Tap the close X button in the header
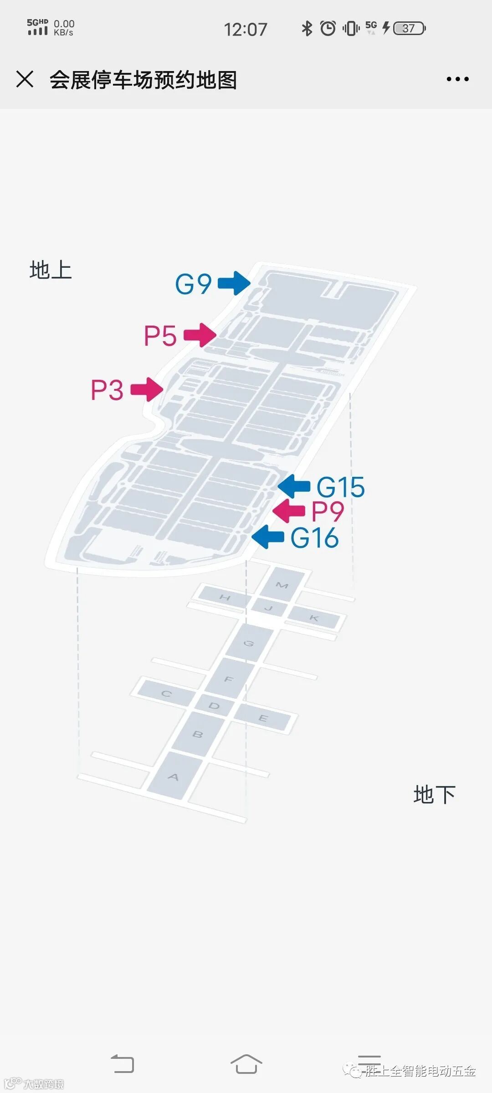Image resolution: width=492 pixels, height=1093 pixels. click(x=25, y=79)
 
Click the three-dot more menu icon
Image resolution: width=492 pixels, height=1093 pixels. click(x=457, y=79)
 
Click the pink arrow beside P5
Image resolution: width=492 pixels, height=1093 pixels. click(x=200, y=335)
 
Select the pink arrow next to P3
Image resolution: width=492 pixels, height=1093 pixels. click(x=147, y=389)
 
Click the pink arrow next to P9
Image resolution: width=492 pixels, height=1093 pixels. click(x=289, y=511)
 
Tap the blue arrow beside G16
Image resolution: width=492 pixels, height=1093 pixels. click(x=268, y=537)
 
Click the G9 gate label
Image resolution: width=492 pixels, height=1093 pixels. click(x=193, y=284)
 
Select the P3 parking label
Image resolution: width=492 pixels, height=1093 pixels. click(x=107, y=390)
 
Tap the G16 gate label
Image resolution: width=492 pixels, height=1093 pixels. click(x=314, y=538)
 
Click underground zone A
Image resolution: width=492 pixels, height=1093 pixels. click(x=174, y=776)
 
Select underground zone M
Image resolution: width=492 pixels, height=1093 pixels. click(x=282, y=585)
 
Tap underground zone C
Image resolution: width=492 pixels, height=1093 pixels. click(x=166, y=694)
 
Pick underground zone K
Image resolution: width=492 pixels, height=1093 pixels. click(x=314, y=618)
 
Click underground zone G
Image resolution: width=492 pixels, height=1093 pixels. click(x=249, y=643)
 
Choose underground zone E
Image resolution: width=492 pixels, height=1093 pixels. click(x=263, y=718)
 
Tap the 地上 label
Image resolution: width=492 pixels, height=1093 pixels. click(x=51, y=270)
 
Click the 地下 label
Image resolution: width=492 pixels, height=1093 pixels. click(x=434, y=795)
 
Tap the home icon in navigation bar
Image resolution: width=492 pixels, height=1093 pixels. click(x=246, y=1064)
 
